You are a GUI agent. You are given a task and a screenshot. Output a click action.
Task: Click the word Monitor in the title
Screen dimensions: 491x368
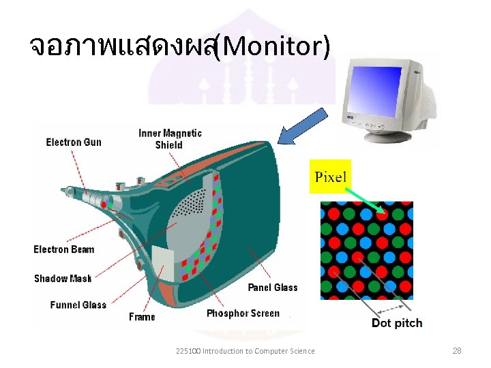(x=275, y=46)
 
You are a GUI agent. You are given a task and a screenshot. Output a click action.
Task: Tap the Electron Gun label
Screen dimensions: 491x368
(x=74, y=142)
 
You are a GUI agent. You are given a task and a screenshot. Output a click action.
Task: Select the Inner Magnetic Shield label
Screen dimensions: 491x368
(x=170, y=138)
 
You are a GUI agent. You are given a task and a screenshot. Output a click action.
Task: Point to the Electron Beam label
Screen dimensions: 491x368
(x=64, y=249)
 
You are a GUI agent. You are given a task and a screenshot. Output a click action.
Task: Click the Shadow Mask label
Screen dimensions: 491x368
(x=63, y=278)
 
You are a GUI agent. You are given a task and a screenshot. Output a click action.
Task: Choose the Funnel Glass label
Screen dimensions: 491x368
(x=78, y=305)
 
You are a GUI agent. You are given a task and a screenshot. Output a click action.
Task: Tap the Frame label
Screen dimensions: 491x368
(x=142, y=317)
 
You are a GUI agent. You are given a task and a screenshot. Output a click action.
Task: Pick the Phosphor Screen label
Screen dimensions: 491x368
(x=243, y=313)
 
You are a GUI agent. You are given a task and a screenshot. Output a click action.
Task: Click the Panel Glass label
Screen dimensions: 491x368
(x=273, y=288)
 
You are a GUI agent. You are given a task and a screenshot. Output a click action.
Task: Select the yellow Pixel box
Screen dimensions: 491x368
(x=331, y=177)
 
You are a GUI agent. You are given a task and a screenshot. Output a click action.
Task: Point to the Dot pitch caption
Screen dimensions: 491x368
(x=397, y=323)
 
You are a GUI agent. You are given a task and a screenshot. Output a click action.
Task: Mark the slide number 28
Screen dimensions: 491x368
(x=457, y=351)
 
